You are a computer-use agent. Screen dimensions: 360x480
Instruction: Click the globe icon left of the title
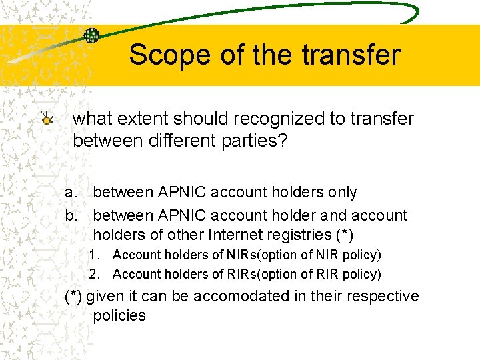coord(91,35)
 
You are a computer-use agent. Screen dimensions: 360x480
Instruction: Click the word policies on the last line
coord(119,315)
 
